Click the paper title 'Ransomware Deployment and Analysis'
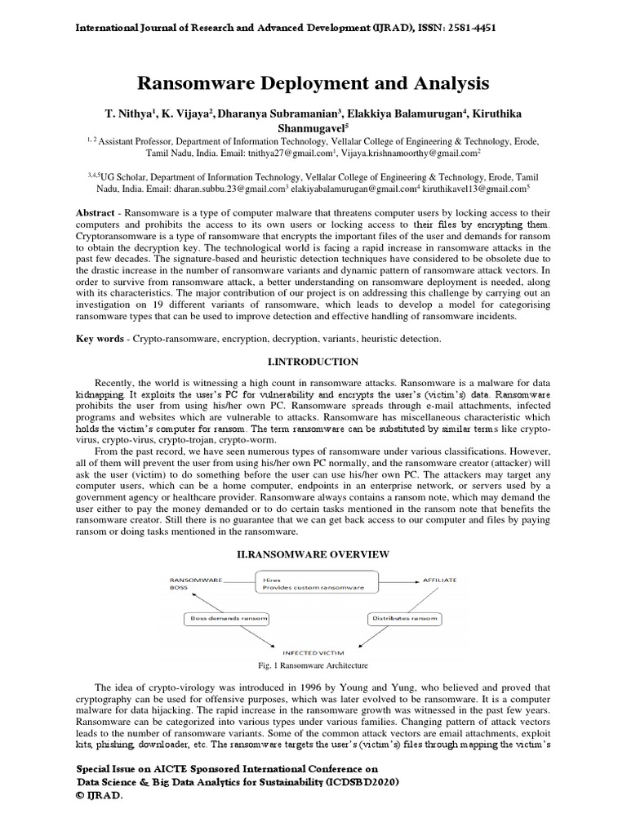pyautogui.click(x=313, y=83)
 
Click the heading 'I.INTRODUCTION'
pyautogui.click(x=313, y=361)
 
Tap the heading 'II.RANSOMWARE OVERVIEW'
pyautogui.click(x=313, y=555)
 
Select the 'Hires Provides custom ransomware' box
pyautogui.click(x=315, y=580)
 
